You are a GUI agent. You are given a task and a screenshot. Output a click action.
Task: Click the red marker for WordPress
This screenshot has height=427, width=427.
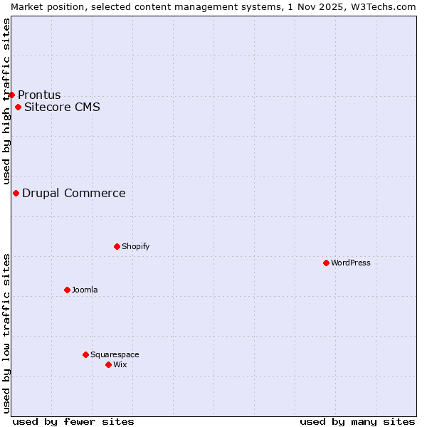pyautogui.click(x=326, y=263)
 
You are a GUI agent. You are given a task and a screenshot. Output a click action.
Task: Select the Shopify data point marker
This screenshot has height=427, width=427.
pyautogui.click(x=117, y=246)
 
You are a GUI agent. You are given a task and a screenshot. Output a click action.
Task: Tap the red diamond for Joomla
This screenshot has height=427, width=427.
pyautogui.click(x=67, y=290)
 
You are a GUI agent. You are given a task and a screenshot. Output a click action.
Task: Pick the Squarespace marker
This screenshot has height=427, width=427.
pyautogui.click(x=85, y=354)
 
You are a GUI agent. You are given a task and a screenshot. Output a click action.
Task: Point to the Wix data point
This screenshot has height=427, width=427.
pyautogui.click(x=108, y=364)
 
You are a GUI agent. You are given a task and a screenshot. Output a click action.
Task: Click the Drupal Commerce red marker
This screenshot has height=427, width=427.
pyautogui.click(x=16, y=193)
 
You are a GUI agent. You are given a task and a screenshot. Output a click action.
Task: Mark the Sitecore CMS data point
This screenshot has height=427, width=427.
pyautogui.click(x=18, y=107)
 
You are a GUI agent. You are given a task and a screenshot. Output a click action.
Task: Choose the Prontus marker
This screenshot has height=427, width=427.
pyautogui.click(x=11, y=95)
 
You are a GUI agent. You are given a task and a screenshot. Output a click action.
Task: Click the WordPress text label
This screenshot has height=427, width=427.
pyautogui.click(x=351, y=263)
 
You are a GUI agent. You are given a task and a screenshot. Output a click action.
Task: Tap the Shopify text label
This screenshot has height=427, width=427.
pyautogui.click(x=135, y=246)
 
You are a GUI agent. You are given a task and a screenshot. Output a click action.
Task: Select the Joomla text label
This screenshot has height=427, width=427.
pyautogui.click(x=85, y=290)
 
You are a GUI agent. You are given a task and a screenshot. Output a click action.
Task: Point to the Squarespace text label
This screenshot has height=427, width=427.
pyautogui.click(x=115, y=354)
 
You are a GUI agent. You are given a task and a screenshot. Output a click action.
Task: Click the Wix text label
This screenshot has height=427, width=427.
pyautogui.click(x=120, y=364)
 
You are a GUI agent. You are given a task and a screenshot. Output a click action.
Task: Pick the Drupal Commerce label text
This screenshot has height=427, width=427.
pyautogui.click(x=74, y=193)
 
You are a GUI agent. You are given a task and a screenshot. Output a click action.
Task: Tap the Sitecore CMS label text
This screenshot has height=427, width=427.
pyautogui.click(x=62, y=107)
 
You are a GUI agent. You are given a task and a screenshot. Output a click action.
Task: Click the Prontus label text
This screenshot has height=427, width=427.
pyautogui.click(x=39, y=95)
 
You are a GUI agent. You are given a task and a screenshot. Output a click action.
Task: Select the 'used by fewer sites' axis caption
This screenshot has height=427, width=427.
pyautogui.click(x=73, y=421)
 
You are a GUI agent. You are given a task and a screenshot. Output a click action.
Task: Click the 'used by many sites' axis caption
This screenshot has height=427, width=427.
pyautogui.click(x=357, y=421)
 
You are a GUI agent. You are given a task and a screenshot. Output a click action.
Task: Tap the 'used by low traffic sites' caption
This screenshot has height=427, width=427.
pyautogui.click(x=6, y=333)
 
